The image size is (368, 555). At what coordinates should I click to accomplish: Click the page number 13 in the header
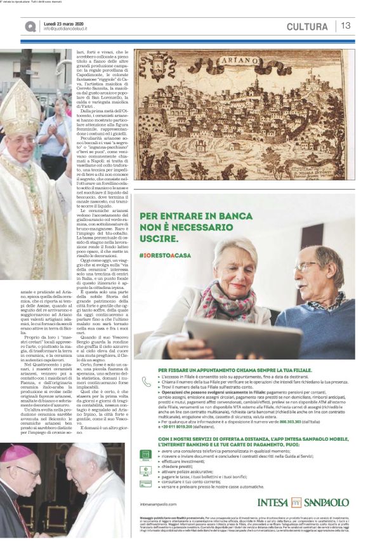(346, 26)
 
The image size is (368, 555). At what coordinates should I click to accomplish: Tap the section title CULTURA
(307, 27)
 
